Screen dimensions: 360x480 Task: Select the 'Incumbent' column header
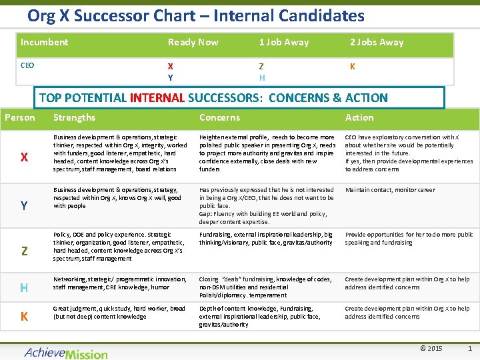(x=44, y=42)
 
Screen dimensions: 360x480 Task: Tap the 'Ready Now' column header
(x=193, y=42)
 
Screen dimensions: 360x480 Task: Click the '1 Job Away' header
(x=283, y=42)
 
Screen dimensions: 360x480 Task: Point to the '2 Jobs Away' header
(x=377, y=42)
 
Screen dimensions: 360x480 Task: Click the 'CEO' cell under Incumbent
(x=27, y=66)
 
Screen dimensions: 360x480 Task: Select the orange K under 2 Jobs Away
(x=353, y=66)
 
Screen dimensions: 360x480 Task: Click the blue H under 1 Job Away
(x=262, y=77)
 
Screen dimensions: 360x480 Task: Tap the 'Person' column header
(x=20, y=117)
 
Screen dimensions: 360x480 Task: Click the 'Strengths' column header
(x=74, y=117)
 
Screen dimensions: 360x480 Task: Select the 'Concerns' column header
(x=219, y=117)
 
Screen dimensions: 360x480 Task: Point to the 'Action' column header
(x=359, y=117)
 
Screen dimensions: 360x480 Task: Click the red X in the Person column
(x=24, y=157)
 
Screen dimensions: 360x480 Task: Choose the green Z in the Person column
(x=24, y=251)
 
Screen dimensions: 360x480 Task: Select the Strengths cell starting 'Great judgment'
(x=119, y=313)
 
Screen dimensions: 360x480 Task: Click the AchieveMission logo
(x=65, y=352)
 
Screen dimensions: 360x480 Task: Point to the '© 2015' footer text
(x=431, y=349)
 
